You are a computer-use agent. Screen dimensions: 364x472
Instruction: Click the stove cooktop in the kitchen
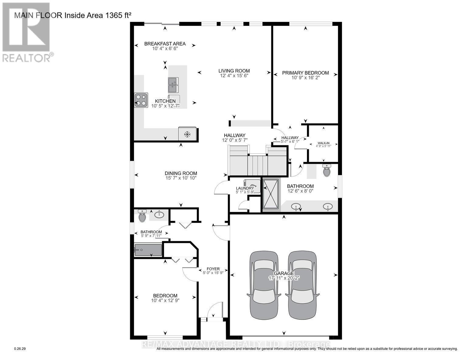(x=141, y=100)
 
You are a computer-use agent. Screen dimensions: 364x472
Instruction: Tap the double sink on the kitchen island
(x=173, y=85)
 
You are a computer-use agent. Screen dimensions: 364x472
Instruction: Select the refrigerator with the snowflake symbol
(x=187, y=134)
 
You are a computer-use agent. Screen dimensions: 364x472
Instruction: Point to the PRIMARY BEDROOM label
(x=305, y=73)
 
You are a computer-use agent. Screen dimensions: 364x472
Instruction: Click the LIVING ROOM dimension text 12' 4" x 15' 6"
(x=234, y=76)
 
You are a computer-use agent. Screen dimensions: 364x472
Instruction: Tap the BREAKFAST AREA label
(x=165, y=44)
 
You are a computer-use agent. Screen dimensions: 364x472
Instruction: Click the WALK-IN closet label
(x=323, y=143)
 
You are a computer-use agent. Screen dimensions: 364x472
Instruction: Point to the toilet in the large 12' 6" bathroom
(x=327, y=171)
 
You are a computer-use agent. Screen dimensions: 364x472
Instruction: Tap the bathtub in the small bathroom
(x=148, y=250)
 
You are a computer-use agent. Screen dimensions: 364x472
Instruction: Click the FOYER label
(x=213, y=269)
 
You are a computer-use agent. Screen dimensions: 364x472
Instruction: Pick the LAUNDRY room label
(x=245, y=188)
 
